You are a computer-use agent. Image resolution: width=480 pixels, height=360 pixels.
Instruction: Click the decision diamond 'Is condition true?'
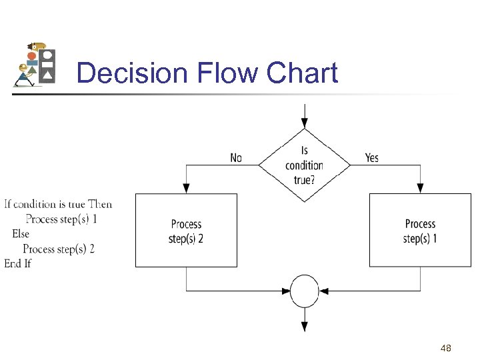[305, 165]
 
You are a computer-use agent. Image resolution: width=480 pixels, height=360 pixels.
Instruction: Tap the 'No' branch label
[236, 158]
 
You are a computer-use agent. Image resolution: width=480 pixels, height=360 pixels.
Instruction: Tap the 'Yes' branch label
[372, 158]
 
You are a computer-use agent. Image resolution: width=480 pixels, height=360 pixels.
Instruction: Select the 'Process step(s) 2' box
[186, 231]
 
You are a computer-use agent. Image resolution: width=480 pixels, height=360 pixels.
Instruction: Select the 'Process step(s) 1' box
[420, 231]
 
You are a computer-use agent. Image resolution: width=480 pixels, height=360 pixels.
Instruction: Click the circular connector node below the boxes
[305, 291]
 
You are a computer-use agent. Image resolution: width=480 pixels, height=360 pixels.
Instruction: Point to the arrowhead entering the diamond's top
[305, 123]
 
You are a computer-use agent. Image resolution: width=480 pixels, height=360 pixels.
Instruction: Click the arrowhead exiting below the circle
[305, 326]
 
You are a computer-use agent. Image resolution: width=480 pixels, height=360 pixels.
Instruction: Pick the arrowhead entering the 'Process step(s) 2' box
[186, 189]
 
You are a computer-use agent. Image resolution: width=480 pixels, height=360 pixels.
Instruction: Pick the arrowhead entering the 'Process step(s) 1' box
[420, 189]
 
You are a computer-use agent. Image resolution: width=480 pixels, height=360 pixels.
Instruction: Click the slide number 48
[446, 348]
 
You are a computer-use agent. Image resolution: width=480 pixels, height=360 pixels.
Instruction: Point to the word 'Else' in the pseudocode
[21, 234]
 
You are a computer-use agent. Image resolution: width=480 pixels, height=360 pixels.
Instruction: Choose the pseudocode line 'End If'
[18, 263]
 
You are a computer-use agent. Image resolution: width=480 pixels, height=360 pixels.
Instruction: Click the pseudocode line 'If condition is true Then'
[58, 204]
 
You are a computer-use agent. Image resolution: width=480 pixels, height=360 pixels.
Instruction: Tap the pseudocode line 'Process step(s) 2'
[59, 249]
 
